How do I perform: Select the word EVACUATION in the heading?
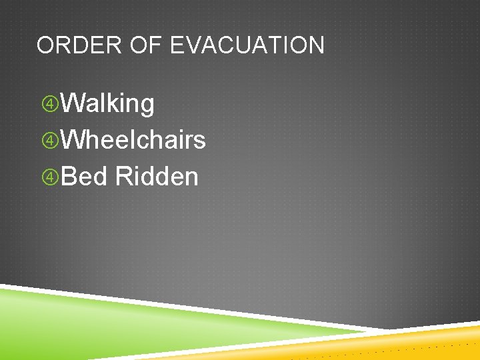click(x=247, y=45)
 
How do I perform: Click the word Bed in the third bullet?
click(x=85, y=177)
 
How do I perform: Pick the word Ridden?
click(x=157, y=177)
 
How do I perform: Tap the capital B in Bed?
click(x=69, y=177)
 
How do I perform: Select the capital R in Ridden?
click(x=123, y=177)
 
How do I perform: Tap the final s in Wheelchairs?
click(x=199, y=141)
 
